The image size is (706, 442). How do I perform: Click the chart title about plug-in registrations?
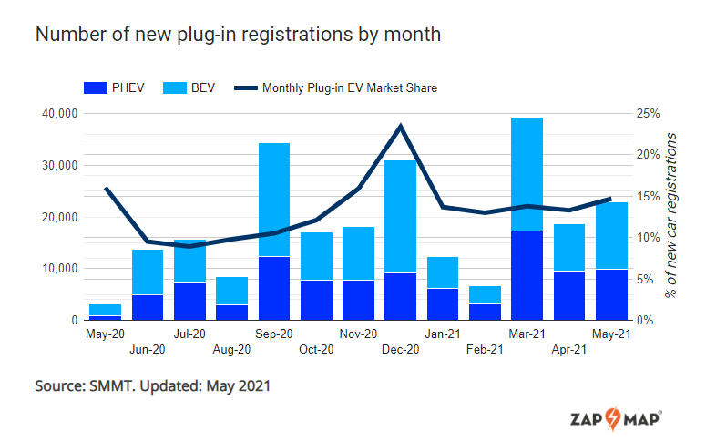(x=238, y=35)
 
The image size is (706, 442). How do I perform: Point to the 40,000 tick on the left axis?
(x=58, y=114)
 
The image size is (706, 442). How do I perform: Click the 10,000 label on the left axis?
(x=58, y=269)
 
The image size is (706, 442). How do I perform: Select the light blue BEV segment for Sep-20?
(x=274, y=200)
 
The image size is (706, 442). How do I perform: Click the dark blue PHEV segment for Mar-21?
(x=527, y=275)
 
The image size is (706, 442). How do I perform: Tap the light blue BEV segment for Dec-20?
(x=400, y=217)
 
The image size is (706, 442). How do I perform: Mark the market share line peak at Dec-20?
(x=400, y=126)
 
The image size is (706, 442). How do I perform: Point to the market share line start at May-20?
(x=106, y=188)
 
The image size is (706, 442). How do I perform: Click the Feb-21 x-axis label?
(x=484, y=350)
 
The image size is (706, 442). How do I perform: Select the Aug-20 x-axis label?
(x=231, y=350)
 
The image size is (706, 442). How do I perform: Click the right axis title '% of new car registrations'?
(x=671, y=214)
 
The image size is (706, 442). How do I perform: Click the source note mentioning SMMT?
(x=152, y=385)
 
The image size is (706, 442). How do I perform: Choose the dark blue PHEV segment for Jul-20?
(x=189, y=301)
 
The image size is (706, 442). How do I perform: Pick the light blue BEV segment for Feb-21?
(x=484, y=294)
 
